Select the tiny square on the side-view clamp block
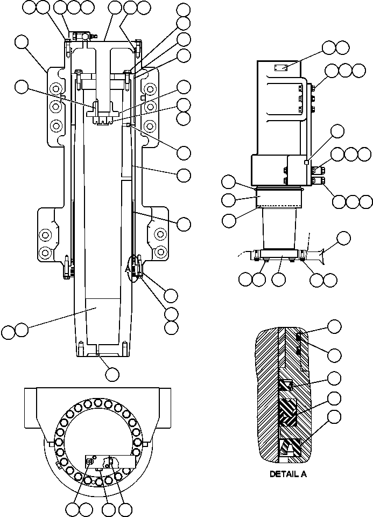(x=306, y=162)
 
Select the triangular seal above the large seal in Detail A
(x=286, y=385)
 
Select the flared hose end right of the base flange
(x=318, y=254)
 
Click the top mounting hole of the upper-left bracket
(x=55, y=88)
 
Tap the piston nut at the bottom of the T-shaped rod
(x=104, y=120)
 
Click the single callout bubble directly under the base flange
(x=279, y=279)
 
